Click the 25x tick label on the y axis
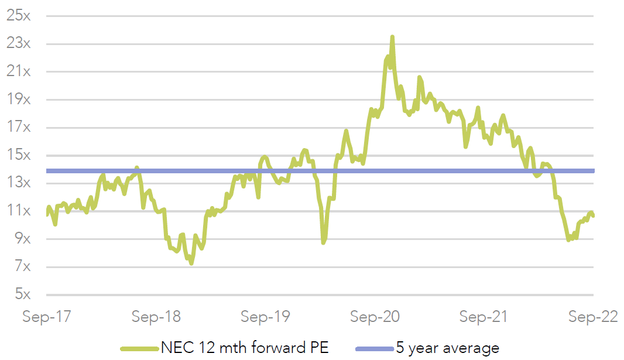pos(18,16)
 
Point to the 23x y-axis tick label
pos(18,44)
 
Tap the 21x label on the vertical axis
pos(18,72)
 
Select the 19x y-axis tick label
pos(18,100)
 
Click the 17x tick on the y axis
pos(18,128)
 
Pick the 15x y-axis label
pos(18,156)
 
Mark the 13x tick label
pos(18,183)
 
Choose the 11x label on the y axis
pos(18,211)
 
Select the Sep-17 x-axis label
pos(47,317)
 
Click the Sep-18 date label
pos(156,317)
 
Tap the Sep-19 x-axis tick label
pos(266,317)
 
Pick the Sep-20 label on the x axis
pos(375,317)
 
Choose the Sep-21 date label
pos(485,317)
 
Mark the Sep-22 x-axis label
pos(593,317)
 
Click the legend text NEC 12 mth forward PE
pos(244,348)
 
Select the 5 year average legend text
pos(447,348)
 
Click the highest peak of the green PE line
pos(392,37)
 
